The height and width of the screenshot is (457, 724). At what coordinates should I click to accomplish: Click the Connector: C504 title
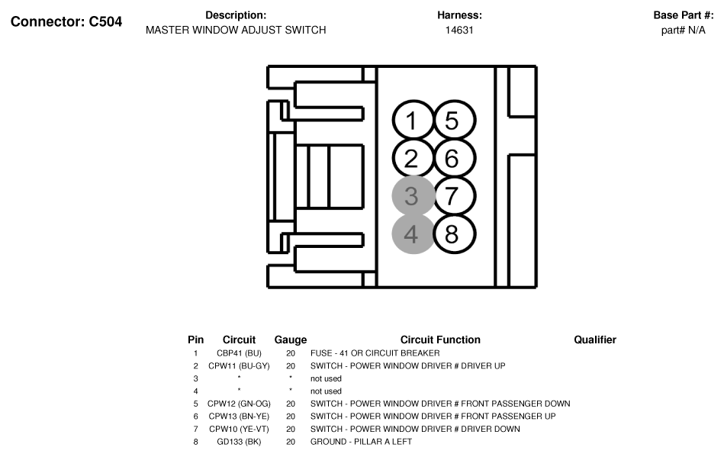pos(66,21)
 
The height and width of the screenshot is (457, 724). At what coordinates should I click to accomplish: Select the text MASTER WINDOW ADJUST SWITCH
pos(236,30)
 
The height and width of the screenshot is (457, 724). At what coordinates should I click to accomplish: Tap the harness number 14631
pos(459,30)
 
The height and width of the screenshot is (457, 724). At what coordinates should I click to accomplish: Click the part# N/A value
pos(684,30)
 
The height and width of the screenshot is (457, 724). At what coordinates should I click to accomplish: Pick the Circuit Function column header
pos(440,340)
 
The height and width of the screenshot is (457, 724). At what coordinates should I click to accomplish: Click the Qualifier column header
pos(595,340)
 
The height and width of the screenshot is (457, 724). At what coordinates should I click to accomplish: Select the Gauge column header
pos(291,340)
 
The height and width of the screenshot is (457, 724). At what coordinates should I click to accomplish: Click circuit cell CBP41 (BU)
pos(240,353)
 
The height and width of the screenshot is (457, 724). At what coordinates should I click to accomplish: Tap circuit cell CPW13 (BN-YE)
pos(240,417)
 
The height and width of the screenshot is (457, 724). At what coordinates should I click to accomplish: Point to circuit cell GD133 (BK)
pos(240,442)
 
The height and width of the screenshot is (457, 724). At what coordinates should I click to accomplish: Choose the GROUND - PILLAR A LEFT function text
pos(361,442)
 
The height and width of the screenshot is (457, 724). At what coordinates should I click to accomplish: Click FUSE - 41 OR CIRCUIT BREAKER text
pos(375,353)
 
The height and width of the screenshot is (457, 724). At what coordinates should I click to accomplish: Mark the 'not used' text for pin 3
pos(326,378)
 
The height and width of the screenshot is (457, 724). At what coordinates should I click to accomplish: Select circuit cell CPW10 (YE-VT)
pos(240,429)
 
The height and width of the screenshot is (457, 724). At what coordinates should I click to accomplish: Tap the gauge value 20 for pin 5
pos(291,404)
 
